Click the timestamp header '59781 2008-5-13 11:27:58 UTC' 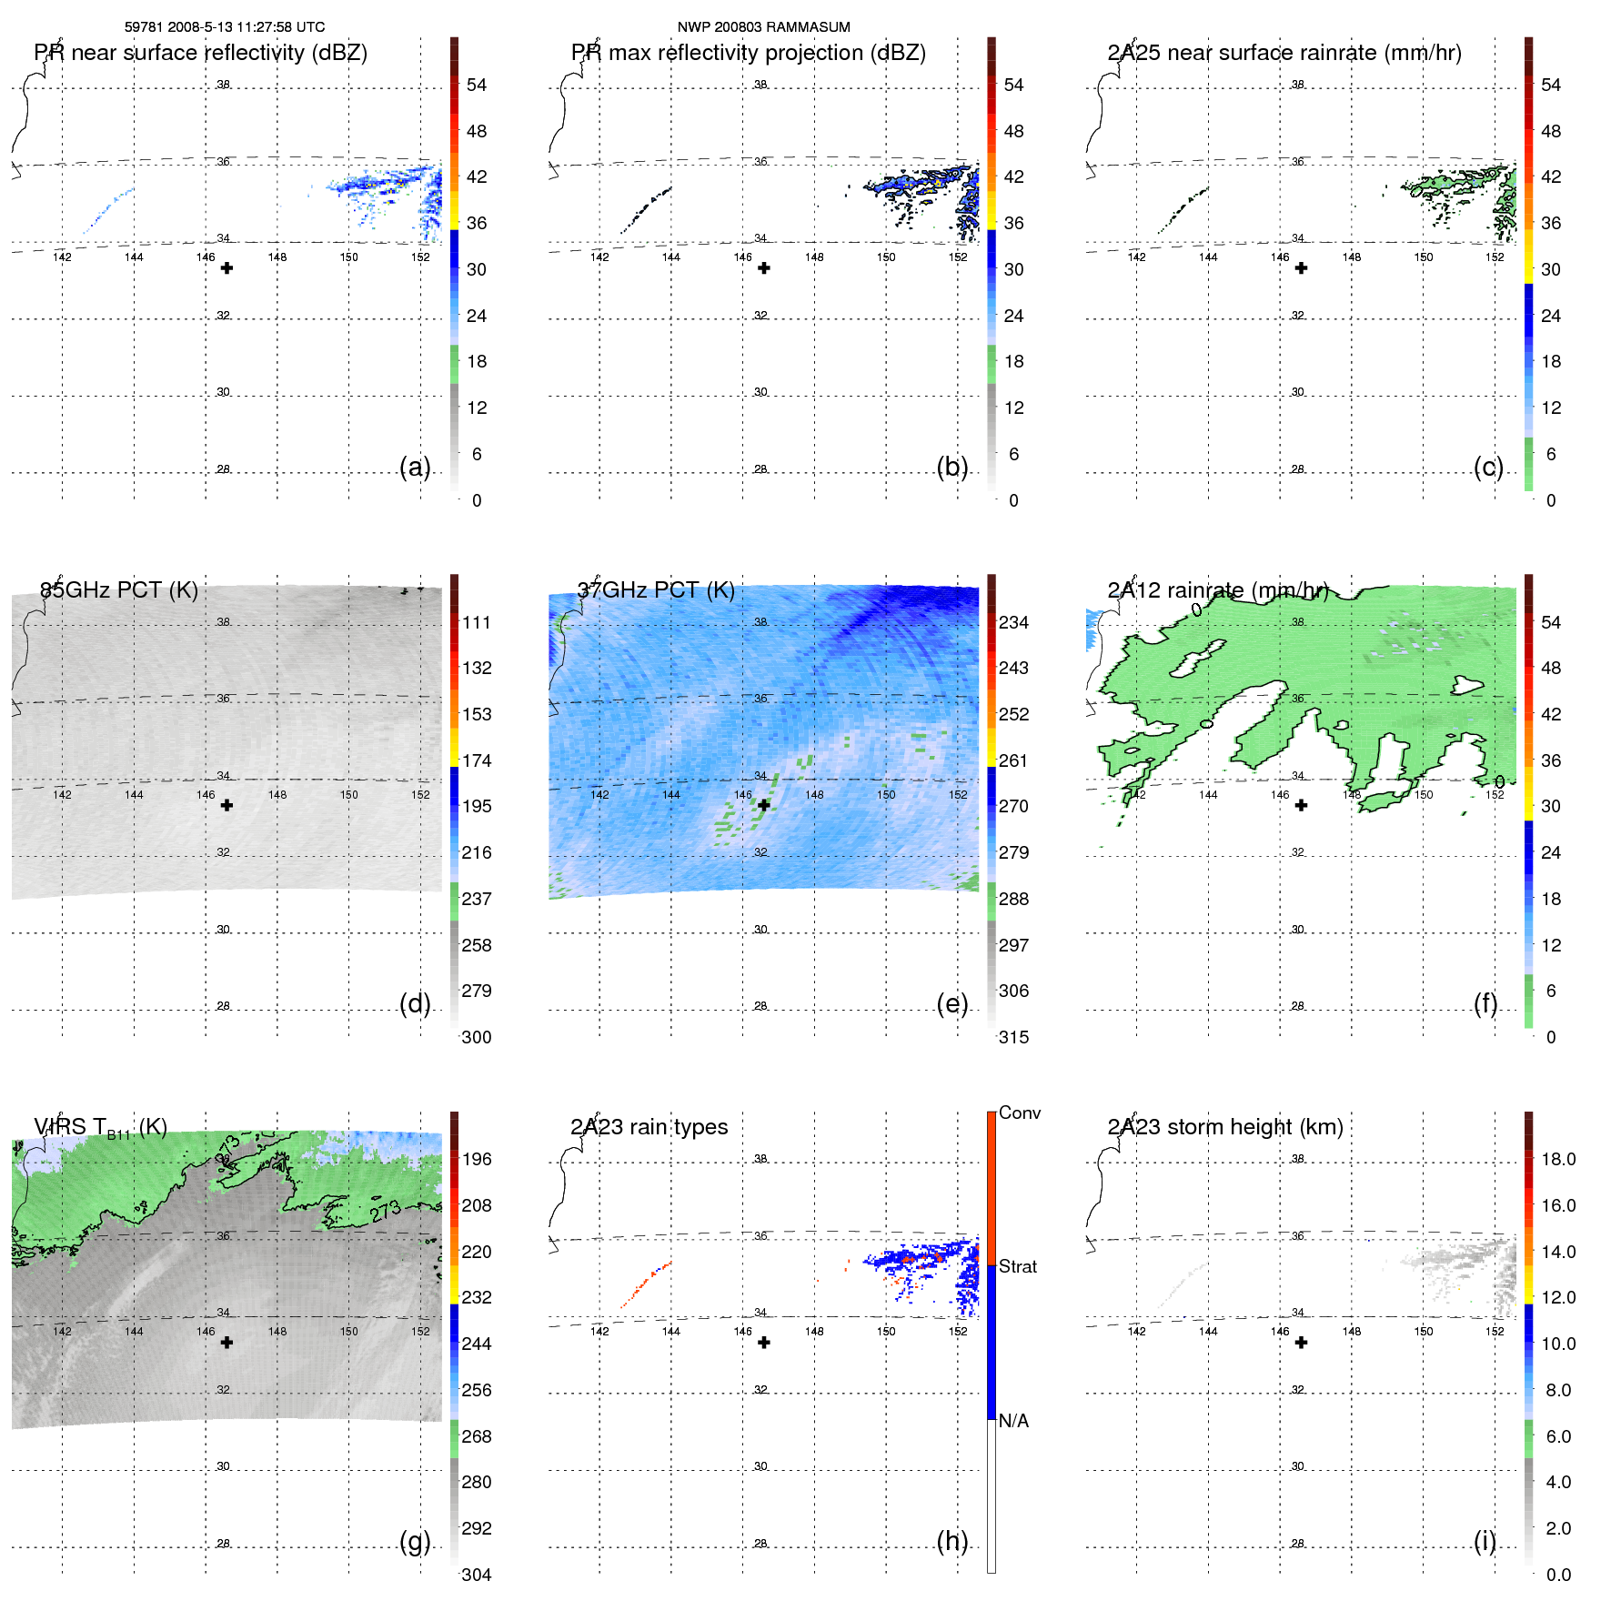224,27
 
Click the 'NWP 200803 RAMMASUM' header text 763,27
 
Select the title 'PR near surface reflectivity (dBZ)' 200,53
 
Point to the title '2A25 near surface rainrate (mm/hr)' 1284,53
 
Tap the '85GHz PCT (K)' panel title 119,589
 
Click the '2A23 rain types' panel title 649,1127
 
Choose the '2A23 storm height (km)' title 1224,1127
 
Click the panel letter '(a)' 415,467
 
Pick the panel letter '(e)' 952,1003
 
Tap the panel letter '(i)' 1485,1541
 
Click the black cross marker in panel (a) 227,268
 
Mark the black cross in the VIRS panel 227,1343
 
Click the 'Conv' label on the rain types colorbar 1019,1113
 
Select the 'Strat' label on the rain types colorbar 1017,1266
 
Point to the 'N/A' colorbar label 1013,1421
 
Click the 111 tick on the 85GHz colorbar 476,622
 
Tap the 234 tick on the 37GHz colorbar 1013,622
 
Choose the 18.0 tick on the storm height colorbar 1557,1159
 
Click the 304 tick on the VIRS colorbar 476,1575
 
